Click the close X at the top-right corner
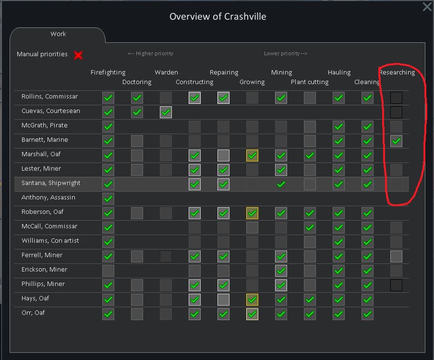[427, 7]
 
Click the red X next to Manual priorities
[78, 55]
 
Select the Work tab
[58, 34]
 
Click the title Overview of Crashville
[217, 16]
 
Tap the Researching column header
[397, 73]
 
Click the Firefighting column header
[108, 73]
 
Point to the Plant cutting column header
[310, 82]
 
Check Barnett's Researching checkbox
[396, 141]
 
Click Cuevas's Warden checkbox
[166, 112]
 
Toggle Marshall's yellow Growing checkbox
[252, 155]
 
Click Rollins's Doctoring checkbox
[137, 98]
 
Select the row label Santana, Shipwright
[51, 183]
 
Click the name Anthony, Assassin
[48, 198]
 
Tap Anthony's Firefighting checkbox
[108, 199]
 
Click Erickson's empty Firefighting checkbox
[108, 271]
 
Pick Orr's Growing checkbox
[252, 314]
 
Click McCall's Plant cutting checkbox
[310, 227]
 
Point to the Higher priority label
[150, 54]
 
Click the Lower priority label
[286, 54]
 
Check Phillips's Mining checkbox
[281, 285]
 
